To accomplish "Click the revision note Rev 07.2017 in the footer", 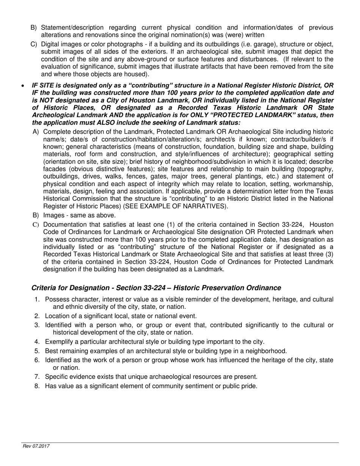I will click(36, 446).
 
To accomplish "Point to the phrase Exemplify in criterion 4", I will click(58, 341).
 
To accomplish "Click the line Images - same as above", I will click(74, 215).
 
